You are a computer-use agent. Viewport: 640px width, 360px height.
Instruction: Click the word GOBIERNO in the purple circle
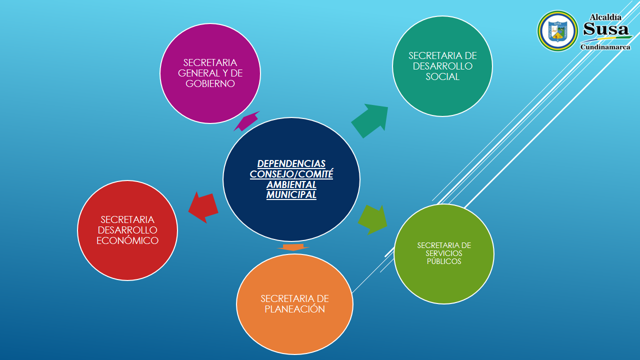[x=210, y=84]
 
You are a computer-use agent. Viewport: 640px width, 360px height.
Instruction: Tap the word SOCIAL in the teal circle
[x=442, y=77]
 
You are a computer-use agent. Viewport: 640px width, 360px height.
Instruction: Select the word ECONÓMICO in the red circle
[x=127, y=241]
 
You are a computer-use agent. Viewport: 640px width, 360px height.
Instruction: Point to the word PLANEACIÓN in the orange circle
[x=294, y=309]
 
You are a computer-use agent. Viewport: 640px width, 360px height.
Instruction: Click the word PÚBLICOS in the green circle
[x=444, y=261]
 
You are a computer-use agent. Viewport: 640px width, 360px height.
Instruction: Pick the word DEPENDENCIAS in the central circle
[x=291, y=164]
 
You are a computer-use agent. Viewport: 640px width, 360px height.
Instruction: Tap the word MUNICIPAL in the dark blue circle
[x=291, y=195]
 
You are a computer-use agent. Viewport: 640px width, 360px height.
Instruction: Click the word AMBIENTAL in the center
[x=291, y=184]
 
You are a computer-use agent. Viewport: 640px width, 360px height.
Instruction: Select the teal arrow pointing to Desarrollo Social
[x=371, y=120]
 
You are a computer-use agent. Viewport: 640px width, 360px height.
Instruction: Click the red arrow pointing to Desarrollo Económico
[x=203, y=207]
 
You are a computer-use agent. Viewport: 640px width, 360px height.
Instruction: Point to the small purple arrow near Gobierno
[x=246, y=121]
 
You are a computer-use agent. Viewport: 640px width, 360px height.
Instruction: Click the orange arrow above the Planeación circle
[x=293, y=247]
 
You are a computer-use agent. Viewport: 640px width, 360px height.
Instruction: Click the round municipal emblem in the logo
[x=557, y=31]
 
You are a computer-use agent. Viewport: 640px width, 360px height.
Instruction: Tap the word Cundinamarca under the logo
[x=605, y=47]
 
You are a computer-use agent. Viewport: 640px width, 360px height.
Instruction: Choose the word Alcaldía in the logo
[x=605, y=17]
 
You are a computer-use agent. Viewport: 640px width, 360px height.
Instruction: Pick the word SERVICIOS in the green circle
[x=444, y=253]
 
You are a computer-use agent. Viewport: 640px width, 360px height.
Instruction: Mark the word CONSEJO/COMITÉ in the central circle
[x=291, y=174]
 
